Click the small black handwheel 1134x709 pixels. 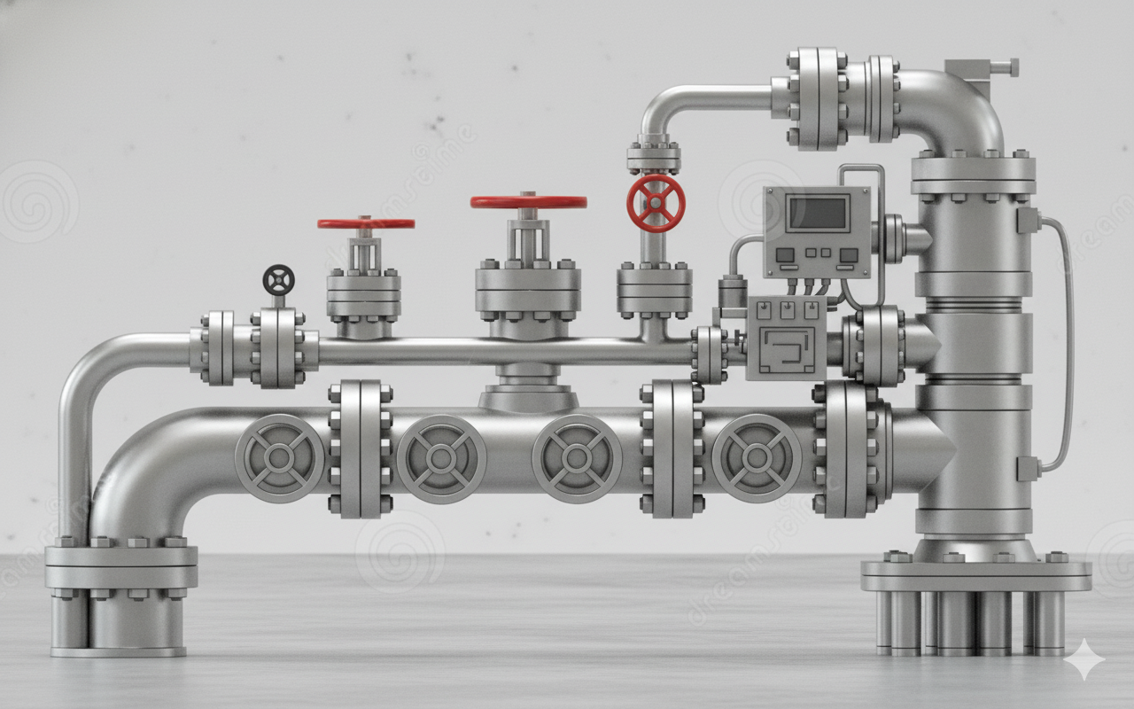[278, 280]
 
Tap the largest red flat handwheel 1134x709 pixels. [528, 202]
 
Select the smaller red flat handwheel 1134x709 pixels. [366, 223]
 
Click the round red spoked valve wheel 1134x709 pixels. [656, 203]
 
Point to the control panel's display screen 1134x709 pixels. [817, 214]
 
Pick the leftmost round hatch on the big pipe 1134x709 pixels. [279, 458]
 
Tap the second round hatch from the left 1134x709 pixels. [440, 458]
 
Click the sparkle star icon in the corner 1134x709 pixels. [1085, 660]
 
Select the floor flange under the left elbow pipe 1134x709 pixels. [121, 567]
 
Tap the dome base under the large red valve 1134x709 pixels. [527, 396]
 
